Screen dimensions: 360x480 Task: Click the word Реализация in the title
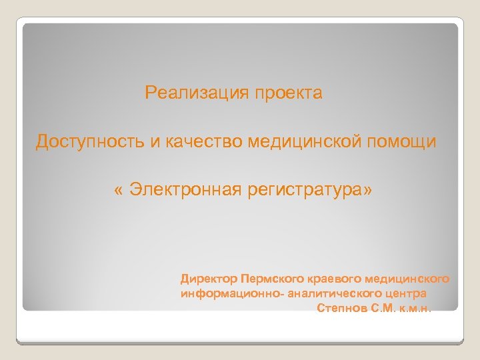[x=195, y=93]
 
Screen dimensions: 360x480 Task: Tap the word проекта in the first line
[x=287, y=93]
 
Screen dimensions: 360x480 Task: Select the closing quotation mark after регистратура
[x=369, y=191]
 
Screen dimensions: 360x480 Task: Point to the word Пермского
[x=273, y=278]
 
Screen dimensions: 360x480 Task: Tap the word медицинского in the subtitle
[x=410, y=278]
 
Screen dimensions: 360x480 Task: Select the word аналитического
[x=337, y=293]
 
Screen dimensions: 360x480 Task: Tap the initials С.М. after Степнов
[x=381, y=309]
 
